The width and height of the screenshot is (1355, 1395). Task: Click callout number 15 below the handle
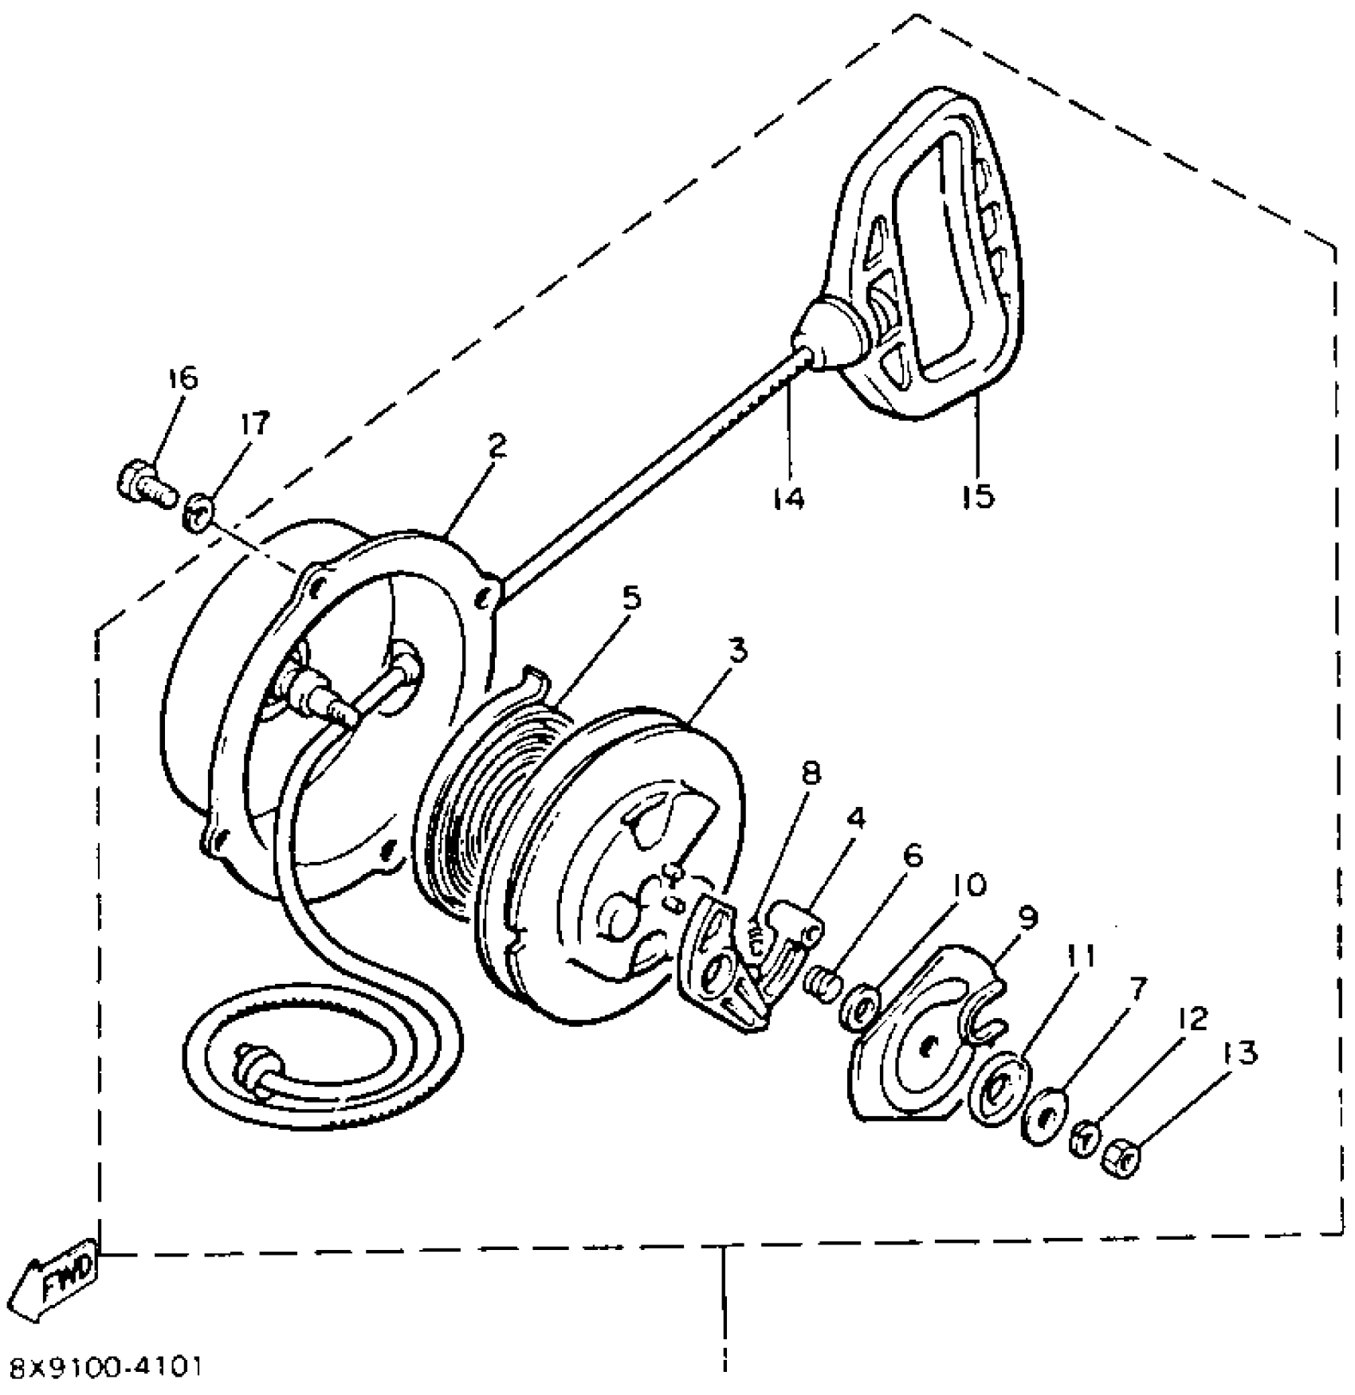[x=978, y=496]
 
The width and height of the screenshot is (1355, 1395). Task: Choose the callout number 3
[x=738, y=651]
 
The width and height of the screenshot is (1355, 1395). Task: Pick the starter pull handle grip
[x=925, y=255]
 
